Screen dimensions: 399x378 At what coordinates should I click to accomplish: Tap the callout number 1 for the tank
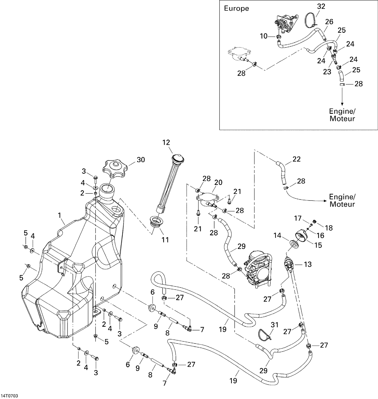tap(59, 215)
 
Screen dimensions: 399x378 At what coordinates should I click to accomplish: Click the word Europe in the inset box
tap(236, 9)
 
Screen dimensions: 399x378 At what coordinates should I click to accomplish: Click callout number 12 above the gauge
tap(166, 142)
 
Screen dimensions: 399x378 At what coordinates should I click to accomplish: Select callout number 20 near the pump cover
tap(218, 182)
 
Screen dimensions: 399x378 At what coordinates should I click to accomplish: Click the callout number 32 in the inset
tap(321, 6)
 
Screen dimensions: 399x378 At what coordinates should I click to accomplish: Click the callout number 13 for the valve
tap(308, 264)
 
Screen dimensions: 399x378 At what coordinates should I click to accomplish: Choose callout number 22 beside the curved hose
tap(296, 159)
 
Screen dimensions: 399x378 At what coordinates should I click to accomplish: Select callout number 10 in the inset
tap(263, 36)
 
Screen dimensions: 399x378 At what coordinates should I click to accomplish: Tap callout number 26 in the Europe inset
tap(329, 22)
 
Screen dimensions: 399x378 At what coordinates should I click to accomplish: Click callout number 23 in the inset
tap(327, 72)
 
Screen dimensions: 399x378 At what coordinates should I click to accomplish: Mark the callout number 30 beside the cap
tap(141, 160)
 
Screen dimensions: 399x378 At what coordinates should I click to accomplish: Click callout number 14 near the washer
tap(277, 236)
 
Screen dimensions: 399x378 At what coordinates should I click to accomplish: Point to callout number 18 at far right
tap(329, 228)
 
